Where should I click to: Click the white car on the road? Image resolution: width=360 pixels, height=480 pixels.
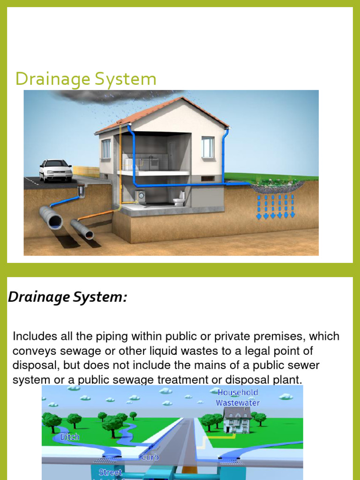click(56, 171)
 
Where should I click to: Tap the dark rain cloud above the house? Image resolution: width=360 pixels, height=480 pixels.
click(117, 97)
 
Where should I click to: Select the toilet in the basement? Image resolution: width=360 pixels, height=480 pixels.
click(179, 200)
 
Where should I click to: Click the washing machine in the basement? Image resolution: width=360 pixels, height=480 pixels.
click(140, 196)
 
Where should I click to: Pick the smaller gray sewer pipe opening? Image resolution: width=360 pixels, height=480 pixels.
click(88, 234)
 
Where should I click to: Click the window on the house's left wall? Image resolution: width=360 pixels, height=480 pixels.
click(106, 149)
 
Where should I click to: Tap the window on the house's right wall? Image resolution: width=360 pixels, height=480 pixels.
click(208, 147)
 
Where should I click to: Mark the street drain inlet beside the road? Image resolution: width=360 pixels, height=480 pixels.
click(81, 190)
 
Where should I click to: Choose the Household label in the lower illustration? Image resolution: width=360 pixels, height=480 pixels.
click(238, 392)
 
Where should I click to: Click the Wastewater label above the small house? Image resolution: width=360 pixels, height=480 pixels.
click(238, 403)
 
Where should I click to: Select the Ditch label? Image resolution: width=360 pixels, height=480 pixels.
click(70, 437)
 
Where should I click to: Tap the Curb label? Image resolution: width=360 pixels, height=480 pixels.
click(150, 457)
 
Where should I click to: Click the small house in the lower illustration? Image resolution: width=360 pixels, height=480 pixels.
click(236, 419)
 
